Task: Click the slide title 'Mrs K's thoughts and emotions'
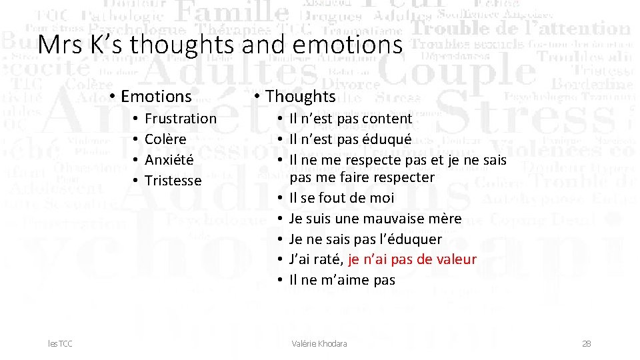220,45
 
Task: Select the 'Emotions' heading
156,97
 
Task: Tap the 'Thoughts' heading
300,97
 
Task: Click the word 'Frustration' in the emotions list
180,119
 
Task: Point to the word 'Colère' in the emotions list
165,139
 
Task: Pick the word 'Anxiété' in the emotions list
169,160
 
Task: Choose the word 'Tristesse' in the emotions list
173,181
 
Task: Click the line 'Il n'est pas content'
351,119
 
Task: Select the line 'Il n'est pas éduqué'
350,139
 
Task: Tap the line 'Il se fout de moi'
341,198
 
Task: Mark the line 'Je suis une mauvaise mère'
375,219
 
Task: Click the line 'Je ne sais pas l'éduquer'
365,239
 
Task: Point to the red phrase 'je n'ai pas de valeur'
412,259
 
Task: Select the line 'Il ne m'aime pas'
342,280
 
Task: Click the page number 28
587,344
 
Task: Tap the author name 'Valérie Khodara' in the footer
319,344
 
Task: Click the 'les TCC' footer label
61,344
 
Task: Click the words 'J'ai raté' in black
316,259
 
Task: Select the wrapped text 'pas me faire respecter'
361,177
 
